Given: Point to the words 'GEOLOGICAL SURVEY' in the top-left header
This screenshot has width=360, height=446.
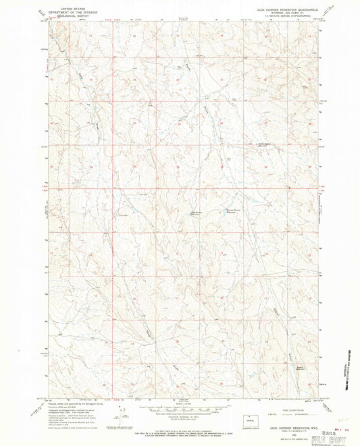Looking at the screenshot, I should [59, 18].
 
